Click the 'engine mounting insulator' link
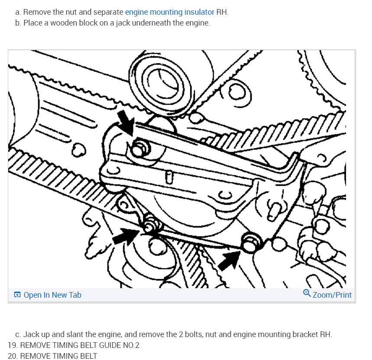(170, 12)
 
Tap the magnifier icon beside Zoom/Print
(307, 293)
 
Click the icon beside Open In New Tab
(17, 295)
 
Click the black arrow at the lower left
(126, 236)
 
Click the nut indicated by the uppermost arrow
(140, 149)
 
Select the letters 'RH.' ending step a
(222, 12)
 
